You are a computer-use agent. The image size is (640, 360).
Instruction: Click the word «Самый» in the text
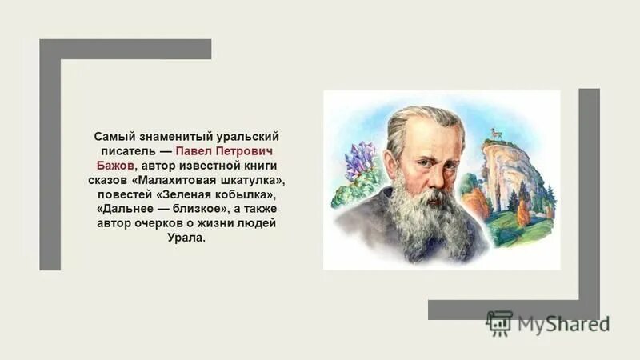tap(110, 137)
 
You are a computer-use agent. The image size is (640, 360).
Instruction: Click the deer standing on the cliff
tap(497, 134)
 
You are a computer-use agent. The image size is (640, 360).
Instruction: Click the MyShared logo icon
tap(499, 322)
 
